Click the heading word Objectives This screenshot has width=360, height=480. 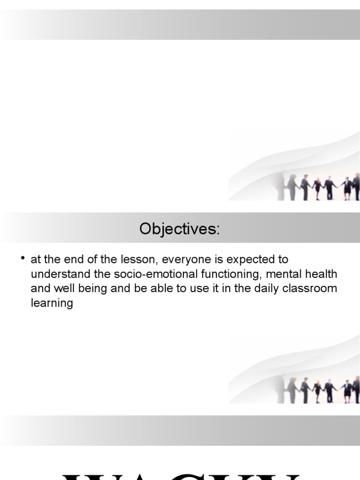[x=179, y=230]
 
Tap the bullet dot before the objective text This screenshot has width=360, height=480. [x=22, y=258]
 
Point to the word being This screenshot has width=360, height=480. [x=85, y=288]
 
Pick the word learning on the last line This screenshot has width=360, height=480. [x=52, y=303]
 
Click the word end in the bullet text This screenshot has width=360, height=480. [x=68, y=259]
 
